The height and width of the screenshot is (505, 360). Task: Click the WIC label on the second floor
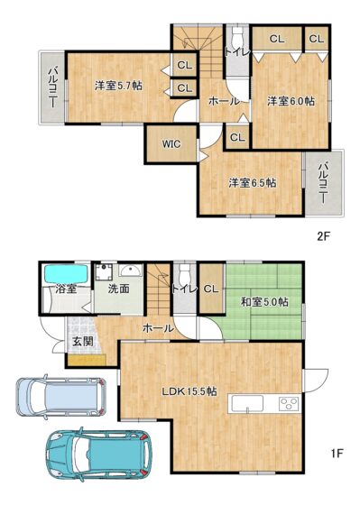tap(171, 144)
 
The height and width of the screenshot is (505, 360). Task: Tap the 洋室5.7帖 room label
tap(118, 86)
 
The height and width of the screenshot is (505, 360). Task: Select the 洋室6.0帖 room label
tap(291, 101)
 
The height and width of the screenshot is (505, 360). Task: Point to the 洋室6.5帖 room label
tap(253, 183)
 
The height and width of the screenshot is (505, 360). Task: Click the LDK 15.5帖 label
tap(189, 391)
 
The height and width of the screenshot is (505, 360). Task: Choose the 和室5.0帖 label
tap(265, 302)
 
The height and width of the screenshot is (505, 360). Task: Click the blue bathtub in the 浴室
tap(66, 274)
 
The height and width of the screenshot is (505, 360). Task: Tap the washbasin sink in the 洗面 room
tap(130, 271)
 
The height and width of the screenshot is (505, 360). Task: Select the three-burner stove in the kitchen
tap(289, 404)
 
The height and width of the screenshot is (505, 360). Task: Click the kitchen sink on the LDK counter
tap(247, 404)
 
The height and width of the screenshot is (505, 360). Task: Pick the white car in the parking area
tap(61, 397)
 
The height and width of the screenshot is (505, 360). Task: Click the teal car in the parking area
tap(99, 454)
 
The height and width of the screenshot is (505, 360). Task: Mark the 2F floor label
tap(324, 236)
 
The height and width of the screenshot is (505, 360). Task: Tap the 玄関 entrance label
tap(83, 342)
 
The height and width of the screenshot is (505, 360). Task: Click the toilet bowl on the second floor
tap(237, 36)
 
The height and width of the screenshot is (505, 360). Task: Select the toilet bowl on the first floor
tap(185, 274)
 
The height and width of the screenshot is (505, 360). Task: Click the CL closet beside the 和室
tap(211, 289)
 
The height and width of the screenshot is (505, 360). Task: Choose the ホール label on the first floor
tap(158, 328)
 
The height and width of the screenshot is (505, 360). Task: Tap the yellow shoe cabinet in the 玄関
tap(87, 360)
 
